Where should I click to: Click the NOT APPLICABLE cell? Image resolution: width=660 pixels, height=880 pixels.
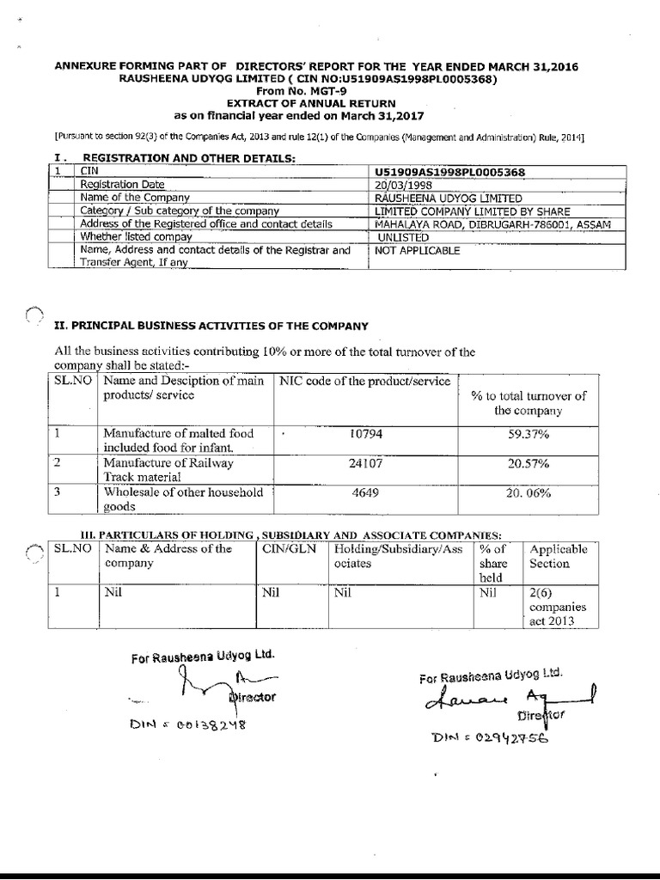[418, 251]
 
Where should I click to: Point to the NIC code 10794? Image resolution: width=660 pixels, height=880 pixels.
[364, 434]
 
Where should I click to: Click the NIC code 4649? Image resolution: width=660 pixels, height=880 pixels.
[364, 494]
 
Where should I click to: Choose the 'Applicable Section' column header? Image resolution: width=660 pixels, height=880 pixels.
[559, 556]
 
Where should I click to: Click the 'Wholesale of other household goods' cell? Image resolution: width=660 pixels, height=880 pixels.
[182, 500]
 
